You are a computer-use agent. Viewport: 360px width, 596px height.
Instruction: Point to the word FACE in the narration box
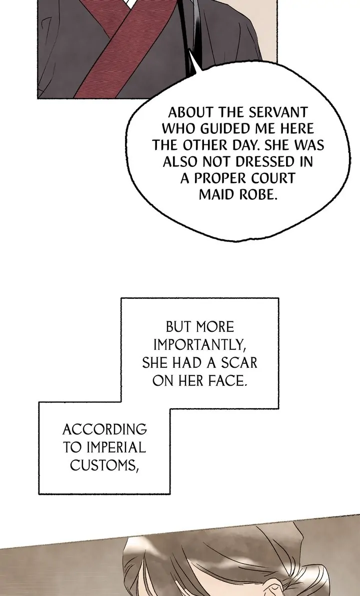pyautogui.click(x=224, y=381)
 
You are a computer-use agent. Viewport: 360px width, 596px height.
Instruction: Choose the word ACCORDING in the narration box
pyautogui.click(x=104, y=429)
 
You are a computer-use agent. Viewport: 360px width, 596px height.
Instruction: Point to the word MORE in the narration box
pyautogui.click(x=214, y=327)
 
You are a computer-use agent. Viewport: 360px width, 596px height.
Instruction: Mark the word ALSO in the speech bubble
pyautogui.click(x=181, y=162)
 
